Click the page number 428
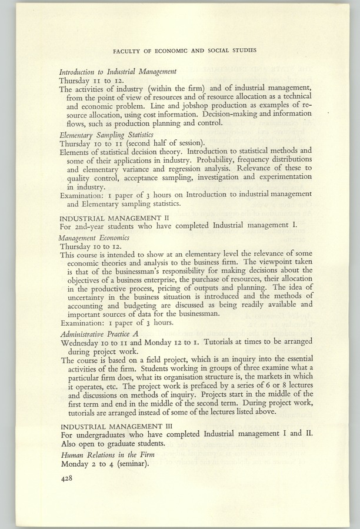(67, 479)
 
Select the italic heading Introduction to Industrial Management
(118, 71)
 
